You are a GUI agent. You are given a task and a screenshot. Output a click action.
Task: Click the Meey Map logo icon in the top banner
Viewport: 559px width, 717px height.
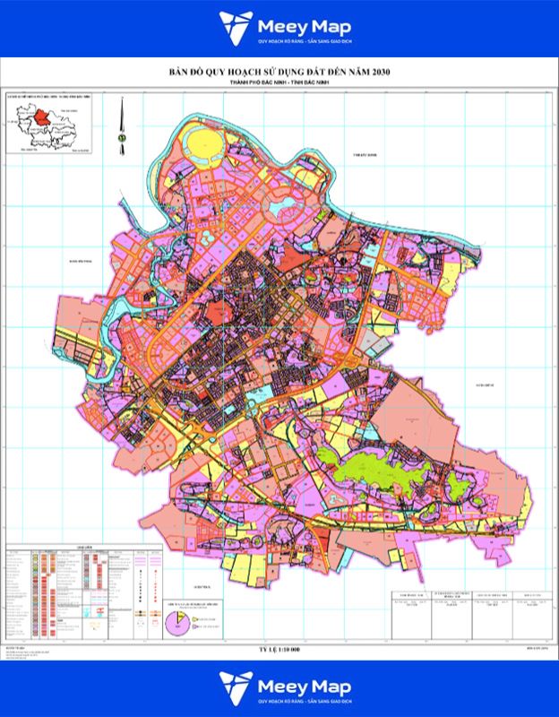[x=234, y=28]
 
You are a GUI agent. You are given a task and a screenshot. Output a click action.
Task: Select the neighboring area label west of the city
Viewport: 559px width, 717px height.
[x=69, y=262]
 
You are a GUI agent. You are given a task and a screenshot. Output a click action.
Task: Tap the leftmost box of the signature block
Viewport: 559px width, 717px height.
[x=408, y=601]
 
